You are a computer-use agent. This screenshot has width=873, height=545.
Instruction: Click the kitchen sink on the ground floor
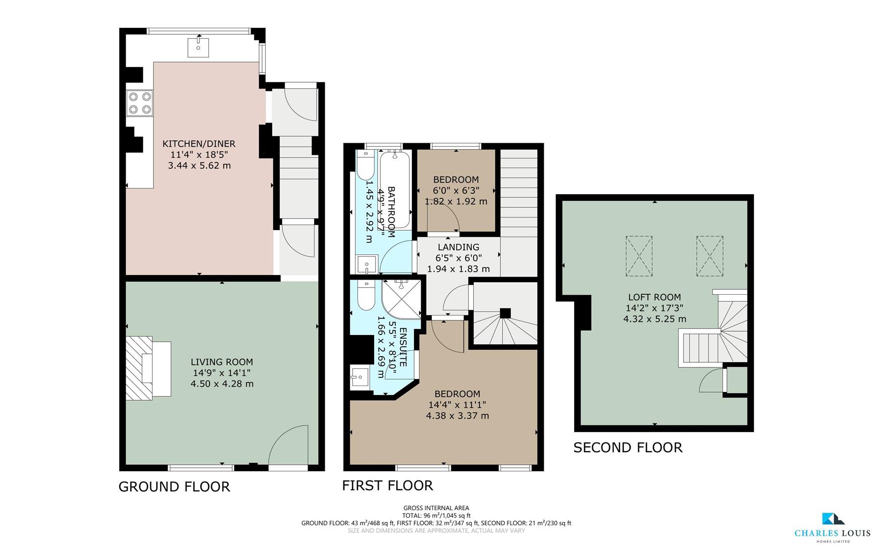click(198, 47)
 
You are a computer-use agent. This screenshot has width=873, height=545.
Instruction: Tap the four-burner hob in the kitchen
click(140, 102)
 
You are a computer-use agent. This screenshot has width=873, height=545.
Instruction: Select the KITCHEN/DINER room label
click(199, 144)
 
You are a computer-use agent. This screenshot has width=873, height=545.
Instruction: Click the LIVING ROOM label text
click(222, 362)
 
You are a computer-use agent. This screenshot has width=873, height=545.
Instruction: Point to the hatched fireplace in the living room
click(139, 368)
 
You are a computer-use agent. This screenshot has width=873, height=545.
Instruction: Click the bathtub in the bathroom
click(395, 189)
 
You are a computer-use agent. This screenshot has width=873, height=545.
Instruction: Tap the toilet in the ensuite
click(365, 295)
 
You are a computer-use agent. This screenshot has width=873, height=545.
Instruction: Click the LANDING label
click(458, 247)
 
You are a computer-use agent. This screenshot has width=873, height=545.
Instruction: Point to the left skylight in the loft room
click(639, 256)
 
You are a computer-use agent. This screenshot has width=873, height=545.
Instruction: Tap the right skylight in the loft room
click(709, 256)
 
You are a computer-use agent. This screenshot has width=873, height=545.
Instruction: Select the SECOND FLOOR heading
click(628, 448)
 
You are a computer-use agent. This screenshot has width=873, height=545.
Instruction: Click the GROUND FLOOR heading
click(174, 486)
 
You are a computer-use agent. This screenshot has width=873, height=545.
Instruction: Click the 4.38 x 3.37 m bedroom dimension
click(457, 416)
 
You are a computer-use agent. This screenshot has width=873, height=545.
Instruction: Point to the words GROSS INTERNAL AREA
click(436, 508)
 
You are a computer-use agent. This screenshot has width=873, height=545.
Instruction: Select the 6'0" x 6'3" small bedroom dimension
click(456, 190)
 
